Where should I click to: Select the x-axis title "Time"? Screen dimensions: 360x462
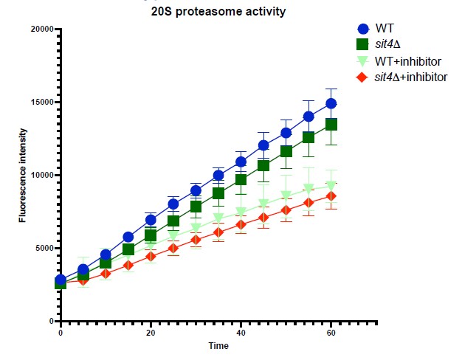(x=218, y=345)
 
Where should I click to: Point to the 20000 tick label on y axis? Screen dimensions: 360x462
(x=41, y=30)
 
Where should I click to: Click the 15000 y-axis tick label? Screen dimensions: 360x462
(x=41, y=103)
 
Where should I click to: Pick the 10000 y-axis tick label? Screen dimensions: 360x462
(x=41, y=176)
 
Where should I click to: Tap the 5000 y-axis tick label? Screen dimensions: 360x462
(x=43, y=249)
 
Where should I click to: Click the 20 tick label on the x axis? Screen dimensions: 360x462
(x=151, y=333)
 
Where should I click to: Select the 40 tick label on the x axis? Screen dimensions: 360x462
(x=241, y=333)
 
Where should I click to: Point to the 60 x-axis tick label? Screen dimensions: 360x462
(x=331, y=333)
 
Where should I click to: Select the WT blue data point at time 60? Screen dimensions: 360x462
(x=331, y=103)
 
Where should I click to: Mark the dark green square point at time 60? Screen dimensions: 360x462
(x=331, y=124)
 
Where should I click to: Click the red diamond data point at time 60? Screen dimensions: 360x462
(x=331, y=195)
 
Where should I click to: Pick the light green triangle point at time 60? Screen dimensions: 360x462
(x=331, y=186)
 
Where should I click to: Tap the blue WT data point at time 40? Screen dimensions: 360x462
(x=241, y=162)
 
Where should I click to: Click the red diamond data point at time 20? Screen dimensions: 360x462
(x=151, y=256)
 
